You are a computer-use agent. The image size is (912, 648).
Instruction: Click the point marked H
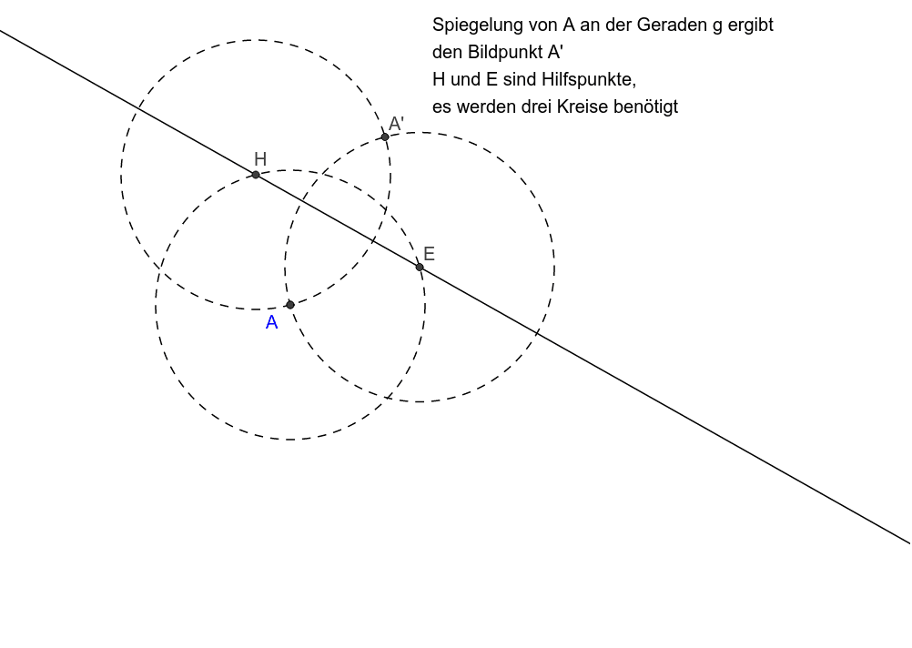(256, 175)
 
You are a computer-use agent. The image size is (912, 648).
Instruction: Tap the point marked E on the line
(420, 267)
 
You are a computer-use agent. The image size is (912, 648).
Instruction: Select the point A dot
(290, 305)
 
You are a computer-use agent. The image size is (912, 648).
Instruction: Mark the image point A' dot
(385, 137)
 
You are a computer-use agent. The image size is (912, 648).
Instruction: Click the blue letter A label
(271, 323)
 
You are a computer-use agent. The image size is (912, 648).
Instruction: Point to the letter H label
(260, 159)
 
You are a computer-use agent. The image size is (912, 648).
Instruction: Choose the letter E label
(429, 254)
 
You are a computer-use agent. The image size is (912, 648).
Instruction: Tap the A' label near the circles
(396, 124)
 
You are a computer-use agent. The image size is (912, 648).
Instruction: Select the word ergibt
(751, 25)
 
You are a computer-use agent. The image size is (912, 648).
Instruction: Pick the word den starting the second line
(446, 52)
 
